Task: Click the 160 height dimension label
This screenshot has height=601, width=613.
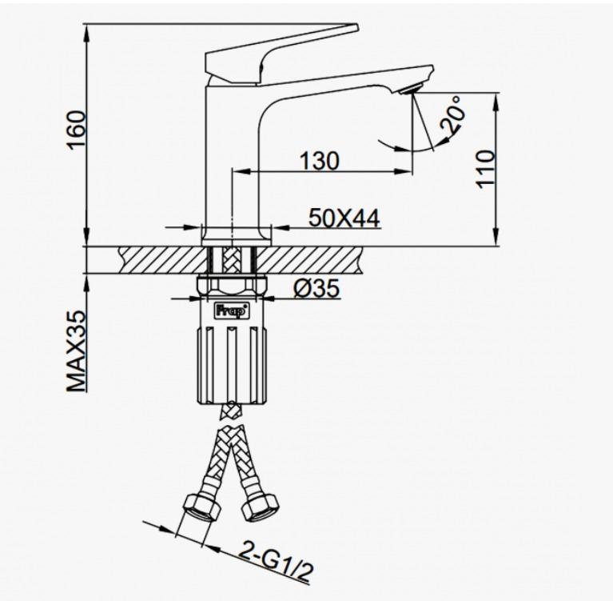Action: pyautogui.click(x=75, y=130)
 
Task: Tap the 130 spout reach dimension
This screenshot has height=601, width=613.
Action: pyautogui.click(x=320, y=161)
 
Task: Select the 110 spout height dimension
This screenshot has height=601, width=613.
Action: pyautogui.click(x=486, y=168)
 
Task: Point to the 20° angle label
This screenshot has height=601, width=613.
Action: pyautogui.click(x=452, y=115)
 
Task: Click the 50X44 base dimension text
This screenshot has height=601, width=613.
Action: pyautogui.click(x=344, y=218)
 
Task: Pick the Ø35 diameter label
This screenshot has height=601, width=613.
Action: pyautogui.click(x=316, y=289)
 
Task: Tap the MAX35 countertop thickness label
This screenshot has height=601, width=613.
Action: pyautogui.click(x=75, y=351)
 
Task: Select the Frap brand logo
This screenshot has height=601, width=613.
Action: pyautogui.click(x=232, y=310)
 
